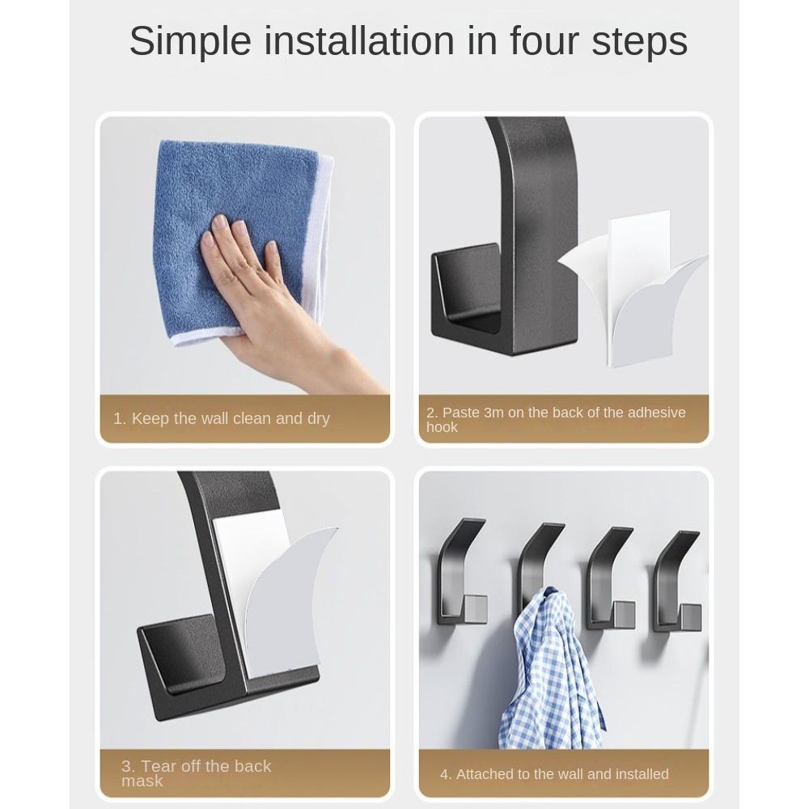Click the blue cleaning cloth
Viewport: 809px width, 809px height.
tap(235, 202)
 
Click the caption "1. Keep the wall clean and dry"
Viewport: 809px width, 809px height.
tap(222, 418)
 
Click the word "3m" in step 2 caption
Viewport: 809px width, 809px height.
tap(493, 413)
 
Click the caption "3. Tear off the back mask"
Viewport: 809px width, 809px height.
tap(197, 773)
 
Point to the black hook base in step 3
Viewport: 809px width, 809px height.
tap(186, 663)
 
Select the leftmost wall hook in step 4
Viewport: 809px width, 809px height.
tap(460, 574)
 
